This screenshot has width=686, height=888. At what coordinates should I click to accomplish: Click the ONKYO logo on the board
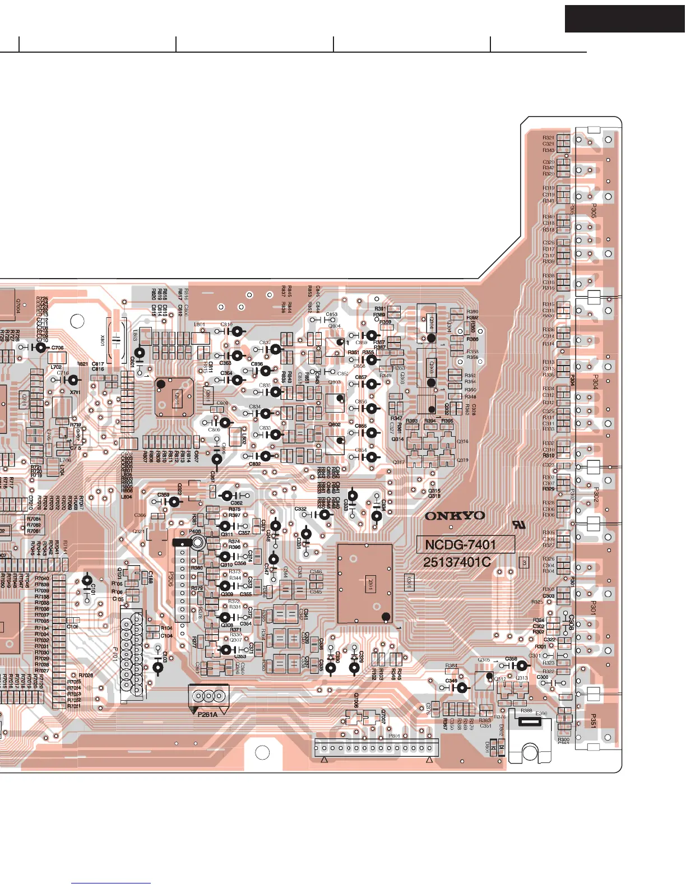point(455,516)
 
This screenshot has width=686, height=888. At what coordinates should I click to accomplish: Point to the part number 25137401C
point(457,562)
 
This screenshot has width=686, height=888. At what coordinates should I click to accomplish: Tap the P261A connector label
point(207,715)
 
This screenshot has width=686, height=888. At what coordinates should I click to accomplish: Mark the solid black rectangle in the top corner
point(624,18)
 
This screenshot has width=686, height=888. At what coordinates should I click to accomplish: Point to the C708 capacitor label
point(57,348)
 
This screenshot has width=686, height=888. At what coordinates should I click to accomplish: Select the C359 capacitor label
point(163,495)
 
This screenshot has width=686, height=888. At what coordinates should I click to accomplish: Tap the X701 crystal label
point(75,392)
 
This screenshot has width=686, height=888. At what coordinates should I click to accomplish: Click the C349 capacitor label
point(451,681)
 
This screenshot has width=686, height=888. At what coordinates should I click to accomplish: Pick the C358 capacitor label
point(511,659)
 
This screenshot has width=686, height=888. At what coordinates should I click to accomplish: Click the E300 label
point(541,714)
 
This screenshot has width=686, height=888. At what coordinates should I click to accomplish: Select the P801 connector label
point(395,736)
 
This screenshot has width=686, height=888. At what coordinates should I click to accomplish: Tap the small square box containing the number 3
point(524,561)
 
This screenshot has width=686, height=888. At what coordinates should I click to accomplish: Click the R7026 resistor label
point(86,676)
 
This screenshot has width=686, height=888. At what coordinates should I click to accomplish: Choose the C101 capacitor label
point(93,589)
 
